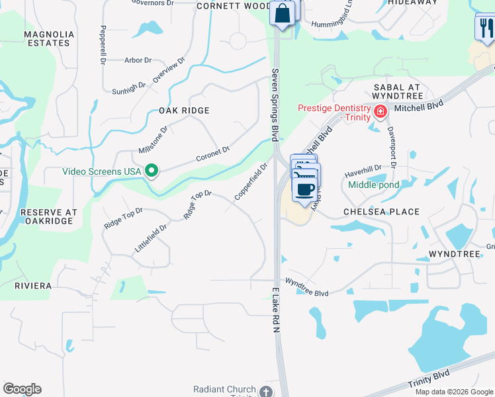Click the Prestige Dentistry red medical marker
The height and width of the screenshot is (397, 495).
click(380, 111)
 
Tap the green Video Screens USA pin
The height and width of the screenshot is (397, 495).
click(152, 171)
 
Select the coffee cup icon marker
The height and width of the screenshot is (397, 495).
click(304, 191)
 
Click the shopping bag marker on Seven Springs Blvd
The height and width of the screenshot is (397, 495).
click(282, 13)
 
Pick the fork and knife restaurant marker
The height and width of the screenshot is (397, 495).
click(485, 28)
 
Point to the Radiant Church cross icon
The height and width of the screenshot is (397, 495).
click(266, 390)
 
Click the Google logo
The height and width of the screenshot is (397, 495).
click(22, 389)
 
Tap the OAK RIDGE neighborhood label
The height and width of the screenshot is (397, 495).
click(184, 110)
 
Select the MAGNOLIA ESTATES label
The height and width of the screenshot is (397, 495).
click(46, 38)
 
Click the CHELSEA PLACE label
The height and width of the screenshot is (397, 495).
click(381, 212)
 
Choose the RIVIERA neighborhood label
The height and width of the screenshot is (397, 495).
click(33, 286)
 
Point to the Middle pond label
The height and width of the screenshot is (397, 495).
click(374, 185)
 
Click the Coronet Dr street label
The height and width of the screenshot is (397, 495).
click(212, 154)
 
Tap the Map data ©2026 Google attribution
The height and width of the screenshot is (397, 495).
click(455, 392)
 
